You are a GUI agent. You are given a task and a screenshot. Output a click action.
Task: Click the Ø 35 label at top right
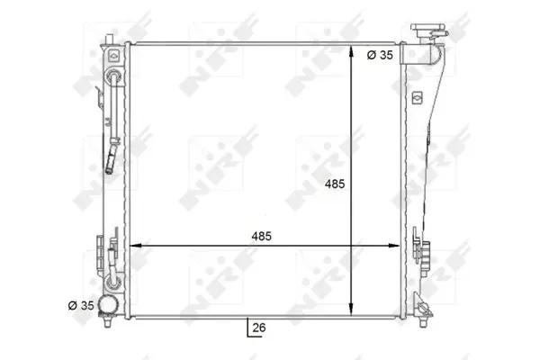coord(380,55)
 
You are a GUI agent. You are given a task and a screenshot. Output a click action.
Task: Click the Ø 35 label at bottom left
coord(81,305)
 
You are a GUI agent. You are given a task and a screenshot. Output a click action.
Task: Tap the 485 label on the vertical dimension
coord(335,184)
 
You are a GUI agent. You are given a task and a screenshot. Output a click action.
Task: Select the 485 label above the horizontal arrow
coord(261,237)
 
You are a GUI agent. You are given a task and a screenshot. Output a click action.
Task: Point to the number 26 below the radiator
coord(259,328)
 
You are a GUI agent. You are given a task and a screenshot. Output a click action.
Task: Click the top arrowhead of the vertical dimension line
coord(351,51)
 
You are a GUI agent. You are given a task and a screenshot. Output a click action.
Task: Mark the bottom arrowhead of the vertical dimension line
coord(351,309)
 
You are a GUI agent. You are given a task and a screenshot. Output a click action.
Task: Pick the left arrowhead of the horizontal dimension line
coord(136,246)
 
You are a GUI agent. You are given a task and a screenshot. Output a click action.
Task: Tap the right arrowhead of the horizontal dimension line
coord(393,246)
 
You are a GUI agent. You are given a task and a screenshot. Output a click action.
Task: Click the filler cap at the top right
coord(429,30)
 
